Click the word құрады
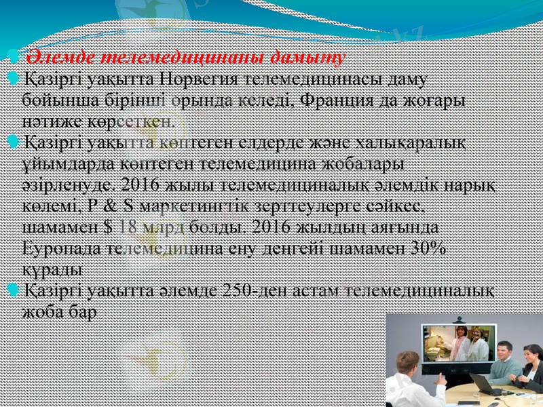(x=53, y=269)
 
